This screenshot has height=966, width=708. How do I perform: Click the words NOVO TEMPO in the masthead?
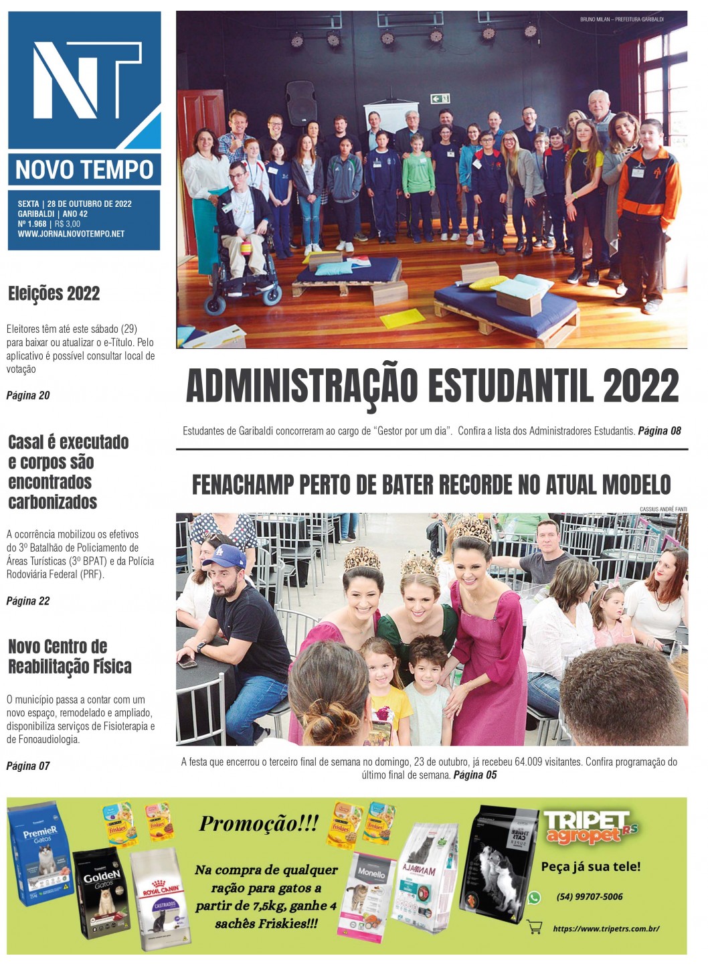(84, 170)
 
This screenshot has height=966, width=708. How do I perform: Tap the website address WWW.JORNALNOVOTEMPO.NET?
(71, 234)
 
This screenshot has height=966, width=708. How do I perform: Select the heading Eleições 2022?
(54, 293)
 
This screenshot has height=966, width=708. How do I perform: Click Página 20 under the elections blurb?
(28, 396)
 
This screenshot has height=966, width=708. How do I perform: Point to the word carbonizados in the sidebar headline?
(53, 502)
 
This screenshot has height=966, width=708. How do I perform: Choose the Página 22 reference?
(28, 601)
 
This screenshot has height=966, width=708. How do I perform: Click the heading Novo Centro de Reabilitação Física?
(70, 657)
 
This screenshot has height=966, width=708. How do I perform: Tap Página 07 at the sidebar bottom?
(28, 766)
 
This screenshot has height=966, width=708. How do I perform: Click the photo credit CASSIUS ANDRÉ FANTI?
(662, 509)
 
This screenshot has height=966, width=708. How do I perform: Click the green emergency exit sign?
(440, 99)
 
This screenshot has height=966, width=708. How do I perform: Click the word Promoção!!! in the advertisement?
(258, 823)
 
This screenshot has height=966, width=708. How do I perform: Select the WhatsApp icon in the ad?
(534, 898)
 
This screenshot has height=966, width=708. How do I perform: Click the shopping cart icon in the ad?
(534, 927)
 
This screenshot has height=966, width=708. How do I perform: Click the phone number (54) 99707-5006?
(590, 897)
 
